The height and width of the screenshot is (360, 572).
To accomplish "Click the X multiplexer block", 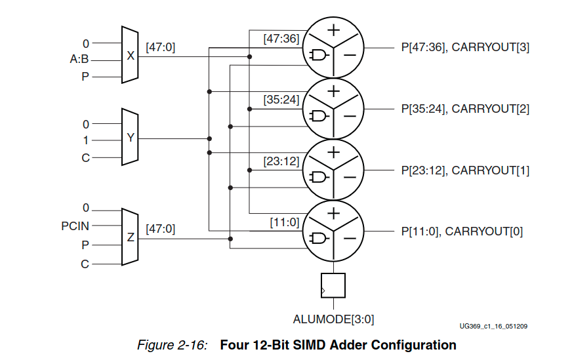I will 130,56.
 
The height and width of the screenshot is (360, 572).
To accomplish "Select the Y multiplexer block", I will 130,138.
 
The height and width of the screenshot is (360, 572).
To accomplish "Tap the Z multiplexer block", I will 130,237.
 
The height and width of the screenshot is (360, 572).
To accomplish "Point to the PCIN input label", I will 75,226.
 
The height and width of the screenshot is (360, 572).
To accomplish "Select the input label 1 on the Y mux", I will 86,140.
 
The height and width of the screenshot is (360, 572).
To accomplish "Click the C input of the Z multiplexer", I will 85,264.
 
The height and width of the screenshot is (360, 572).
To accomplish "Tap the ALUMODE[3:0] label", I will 333,319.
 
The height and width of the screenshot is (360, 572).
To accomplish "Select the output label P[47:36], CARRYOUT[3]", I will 465,48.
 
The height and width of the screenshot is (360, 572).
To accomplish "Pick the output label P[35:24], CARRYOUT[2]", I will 465,109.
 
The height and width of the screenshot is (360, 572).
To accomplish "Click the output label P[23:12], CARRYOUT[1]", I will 465,170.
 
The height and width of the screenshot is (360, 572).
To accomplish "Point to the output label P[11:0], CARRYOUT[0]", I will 462,231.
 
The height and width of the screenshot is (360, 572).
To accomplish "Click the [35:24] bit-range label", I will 281,100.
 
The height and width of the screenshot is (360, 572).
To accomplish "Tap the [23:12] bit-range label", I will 281,161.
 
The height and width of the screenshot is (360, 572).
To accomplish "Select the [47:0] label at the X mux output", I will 160,47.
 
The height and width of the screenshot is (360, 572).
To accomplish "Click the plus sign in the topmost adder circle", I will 334,30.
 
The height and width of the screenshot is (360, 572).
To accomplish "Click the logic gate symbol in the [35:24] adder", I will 319,117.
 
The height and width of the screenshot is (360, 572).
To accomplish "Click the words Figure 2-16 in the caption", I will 172,345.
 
